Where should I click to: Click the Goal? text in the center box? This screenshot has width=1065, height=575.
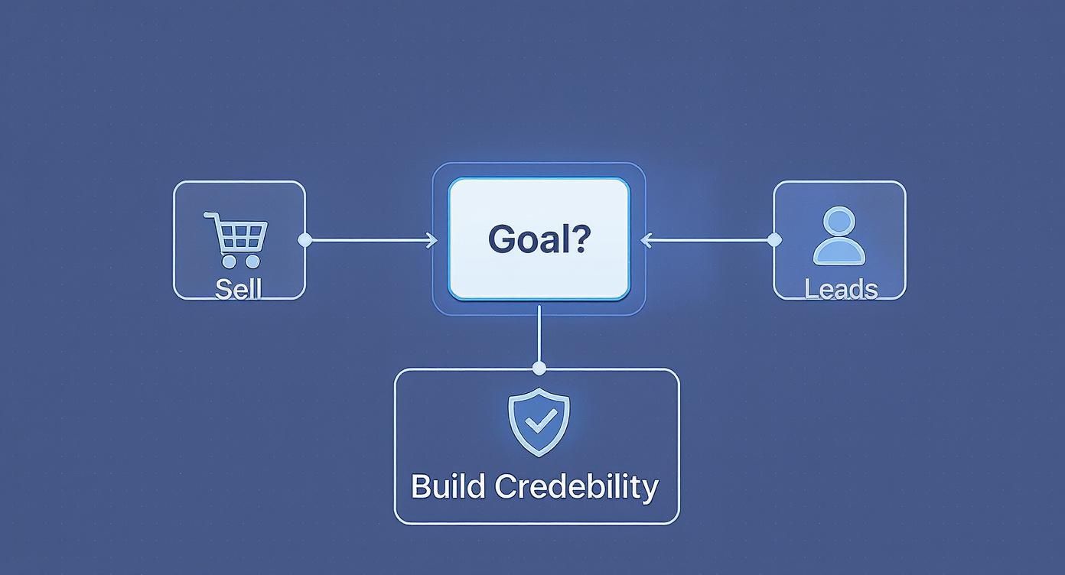coord(539,239)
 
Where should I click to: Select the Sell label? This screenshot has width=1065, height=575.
coord(239,289)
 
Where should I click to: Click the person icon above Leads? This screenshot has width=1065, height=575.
coord(839,236)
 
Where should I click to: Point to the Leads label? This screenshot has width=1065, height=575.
coord(841,289)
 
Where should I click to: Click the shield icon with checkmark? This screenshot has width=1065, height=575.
coord(539,421)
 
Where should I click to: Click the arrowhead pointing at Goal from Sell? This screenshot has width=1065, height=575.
coord(432,240)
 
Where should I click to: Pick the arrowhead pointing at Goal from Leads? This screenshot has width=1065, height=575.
coord(645,240)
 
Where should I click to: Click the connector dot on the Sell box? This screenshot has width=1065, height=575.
coord(305,240)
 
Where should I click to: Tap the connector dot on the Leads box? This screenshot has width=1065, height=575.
coord(774,240)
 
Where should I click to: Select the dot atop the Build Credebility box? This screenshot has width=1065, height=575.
coord(539,369)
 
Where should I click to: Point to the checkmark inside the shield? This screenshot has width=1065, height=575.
coord(539,420)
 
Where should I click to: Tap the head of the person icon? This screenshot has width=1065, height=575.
coord(839,221)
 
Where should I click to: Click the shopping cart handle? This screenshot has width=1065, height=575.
coord(210,216)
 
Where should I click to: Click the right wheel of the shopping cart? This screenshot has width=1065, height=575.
coord(252,262)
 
